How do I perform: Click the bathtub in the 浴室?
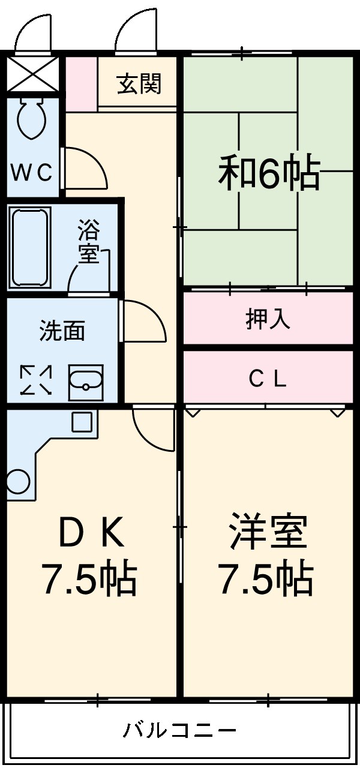point(29,247)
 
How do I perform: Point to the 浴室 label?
point(89,241)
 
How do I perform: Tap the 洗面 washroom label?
point(62,331)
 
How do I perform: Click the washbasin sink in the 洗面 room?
point(86,381)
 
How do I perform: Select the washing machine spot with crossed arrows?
point(35,380)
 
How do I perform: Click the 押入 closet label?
point(268,319)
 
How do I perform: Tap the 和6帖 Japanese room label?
point(268,172)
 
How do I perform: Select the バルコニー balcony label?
point(180,730)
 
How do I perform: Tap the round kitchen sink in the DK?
point(17,481)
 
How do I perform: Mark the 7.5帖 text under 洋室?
point(265,578)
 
